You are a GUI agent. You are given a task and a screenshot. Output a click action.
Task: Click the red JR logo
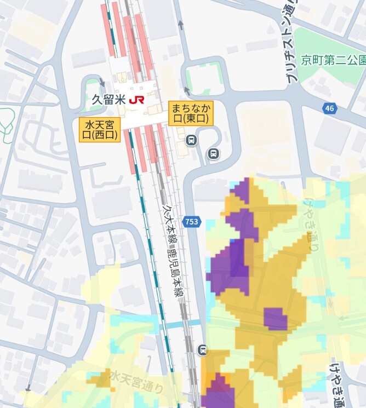[137, 100]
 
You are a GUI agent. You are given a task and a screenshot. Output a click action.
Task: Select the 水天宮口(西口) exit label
[100, 130]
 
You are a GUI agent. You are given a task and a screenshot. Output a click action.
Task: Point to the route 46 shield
[329, 108]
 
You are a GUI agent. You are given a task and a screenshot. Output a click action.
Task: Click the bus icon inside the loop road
[214, 154]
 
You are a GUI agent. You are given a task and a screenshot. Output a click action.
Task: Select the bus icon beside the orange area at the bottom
[203, 349]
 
